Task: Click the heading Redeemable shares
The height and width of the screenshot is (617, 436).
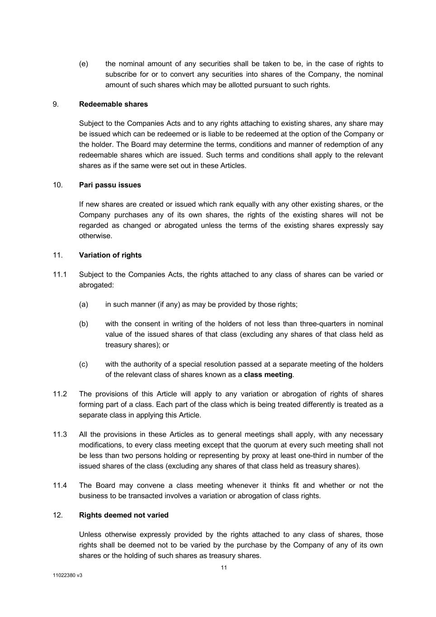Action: pyautogui.click(x=113, y=104)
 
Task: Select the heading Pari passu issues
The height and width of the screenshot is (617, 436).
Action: pyautogui.click(x=110, y=185)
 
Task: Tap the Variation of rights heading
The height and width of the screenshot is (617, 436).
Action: pyautogui.click(x=110, y=255)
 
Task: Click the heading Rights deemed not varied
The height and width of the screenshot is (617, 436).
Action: pyautogui.click(x=124, y=515)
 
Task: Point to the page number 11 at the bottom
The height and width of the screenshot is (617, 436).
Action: pyautogui.click(x=224, y=568)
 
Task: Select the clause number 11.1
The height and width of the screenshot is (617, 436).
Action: pyautogui.click(x=60, y=274)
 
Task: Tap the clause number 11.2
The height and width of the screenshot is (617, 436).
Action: pyautogui.click(x=60, y=394)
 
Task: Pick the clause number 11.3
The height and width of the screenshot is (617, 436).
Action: pyautogui.click(x=60, y=434)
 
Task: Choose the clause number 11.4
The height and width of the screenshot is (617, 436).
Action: pyautogui.click(x=60, y=485)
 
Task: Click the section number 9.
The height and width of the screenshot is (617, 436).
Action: pyautogui.click(x=56, y=104)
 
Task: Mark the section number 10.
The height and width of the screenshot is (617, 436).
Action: pyautogui.click(x=58, y=185)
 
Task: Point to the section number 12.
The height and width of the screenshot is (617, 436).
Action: pyautogui.click(x=58, y=515)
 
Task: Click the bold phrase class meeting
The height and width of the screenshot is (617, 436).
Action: pyautogui.click(x=268, y=375)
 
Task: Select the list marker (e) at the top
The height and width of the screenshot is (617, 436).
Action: pyautogui.click(x=84, y=64)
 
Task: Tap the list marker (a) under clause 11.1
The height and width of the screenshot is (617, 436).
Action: pyautogui.click(x=84, y=304)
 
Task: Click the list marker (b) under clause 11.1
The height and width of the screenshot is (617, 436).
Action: pyautogui.click(x=84, y=324)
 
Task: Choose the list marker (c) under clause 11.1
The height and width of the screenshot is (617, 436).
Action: pyautogui.click(x=84, y=364)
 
